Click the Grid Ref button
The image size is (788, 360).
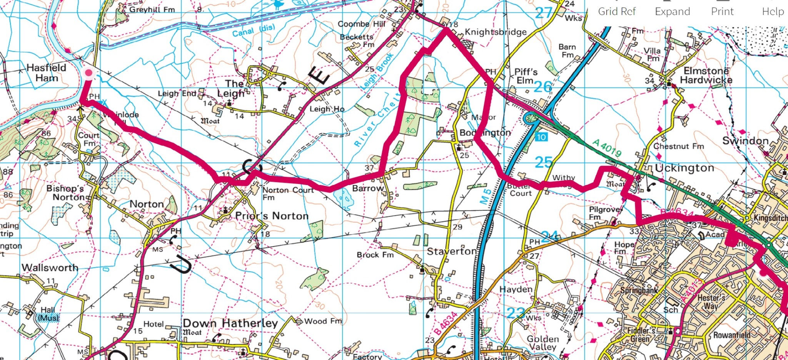[617, 12]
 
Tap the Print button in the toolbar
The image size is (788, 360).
[722, 12]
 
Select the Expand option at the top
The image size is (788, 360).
[672, 12]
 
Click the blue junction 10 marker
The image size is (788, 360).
[541, 137]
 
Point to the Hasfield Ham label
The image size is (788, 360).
[47, 73]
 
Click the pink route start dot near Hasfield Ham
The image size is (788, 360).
[89, 73]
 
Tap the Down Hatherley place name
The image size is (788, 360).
[230, 323]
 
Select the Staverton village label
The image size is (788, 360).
[452, 252]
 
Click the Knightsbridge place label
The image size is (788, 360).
[496, 32]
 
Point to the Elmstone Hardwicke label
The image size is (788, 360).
[706, 75]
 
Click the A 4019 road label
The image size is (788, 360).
[607, 148]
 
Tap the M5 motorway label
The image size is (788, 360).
[486, 196]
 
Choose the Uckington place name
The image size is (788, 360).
[684, 168]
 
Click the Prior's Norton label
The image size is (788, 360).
[272, 216]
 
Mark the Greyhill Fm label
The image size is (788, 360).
[152, 9]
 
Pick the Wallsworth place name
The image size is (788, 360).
[50, 267]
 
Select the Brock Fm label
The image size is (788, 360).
[375, 255]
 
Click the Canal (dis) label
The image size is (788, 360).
[254, 31]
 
